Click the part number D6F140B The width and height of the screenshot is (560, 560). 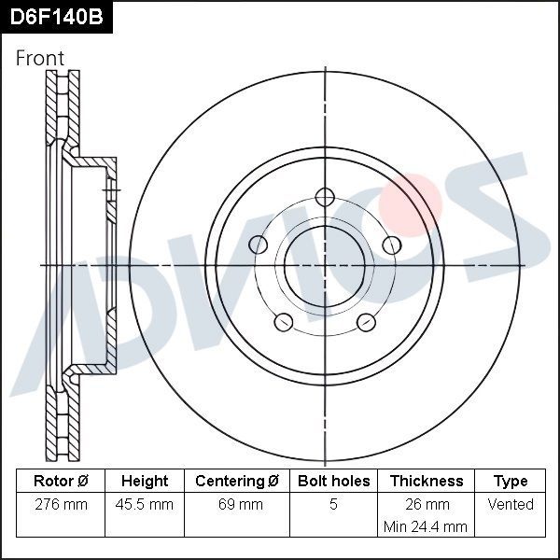(x=55, y=17)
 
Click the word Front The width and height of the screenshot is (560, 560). (x=40, y=58)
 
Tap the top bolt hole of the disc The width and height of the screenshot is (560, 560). (x=325, y=197)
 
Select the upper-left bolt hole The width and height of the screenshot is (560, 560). (x=259, y=245)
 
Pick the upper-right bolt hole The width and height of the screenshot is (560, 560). (x=391, y=245)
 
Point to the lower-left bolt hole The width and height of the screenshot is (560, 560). (x=284, y=322)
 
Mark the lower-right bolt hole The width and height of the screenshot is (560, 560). (x=366, y=322)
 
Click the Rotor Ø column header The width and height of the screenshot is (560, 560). (x=61, y=482)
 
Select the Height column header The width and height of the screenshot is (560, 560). (x=145, y=482)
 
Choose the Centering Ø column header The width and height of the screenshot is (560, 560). (x=237, y=482)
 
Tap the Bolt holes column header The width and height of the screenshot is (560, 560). (x=334, y=482)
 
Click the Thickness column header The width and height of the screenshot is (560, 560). (x=426, y=482)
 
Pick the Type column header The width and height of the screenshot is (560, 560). (x=511, y=482)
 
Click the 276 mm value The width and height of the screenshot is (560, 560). (x=61, y=505)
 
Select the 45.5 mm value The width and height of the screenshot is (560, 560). (x=145, y=505)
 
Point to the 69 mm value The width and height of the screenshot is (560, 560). (x=237, y=505)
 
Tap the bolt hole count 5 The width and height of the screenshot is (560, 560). (x=334, y=505)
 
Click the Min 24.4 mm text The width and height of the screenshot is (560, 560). (x=426, y=527)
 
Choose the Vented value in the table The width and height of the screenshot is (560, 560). (x=511, y=505)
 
